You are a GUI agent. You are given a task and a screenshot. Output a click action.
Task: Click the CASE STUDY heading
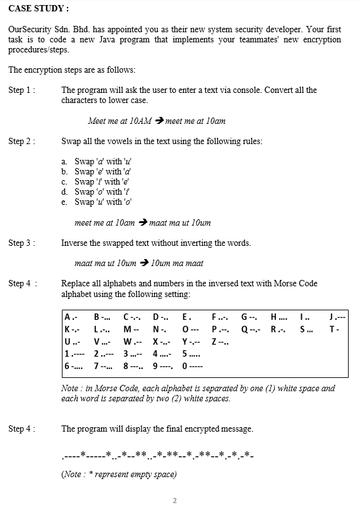tap(39, 9)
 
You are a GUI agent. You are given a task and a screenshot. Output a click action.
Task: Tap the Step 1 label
tap(22, 90)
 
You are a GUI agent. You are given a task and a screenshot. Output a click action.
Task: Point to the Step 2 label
tap(22, 141)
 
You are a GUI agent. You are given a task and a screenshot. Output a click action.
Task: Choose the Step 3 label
tap(22, 243)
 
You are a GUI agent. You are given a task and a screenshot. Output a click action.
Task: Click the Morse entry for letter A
tap(71, 317)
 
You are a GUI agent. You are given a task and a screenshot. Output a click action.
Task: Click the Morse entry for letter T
tap(334, 329)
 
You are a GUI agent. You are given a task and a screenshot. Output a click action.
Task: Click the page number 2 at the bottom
tap(175, 501)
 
